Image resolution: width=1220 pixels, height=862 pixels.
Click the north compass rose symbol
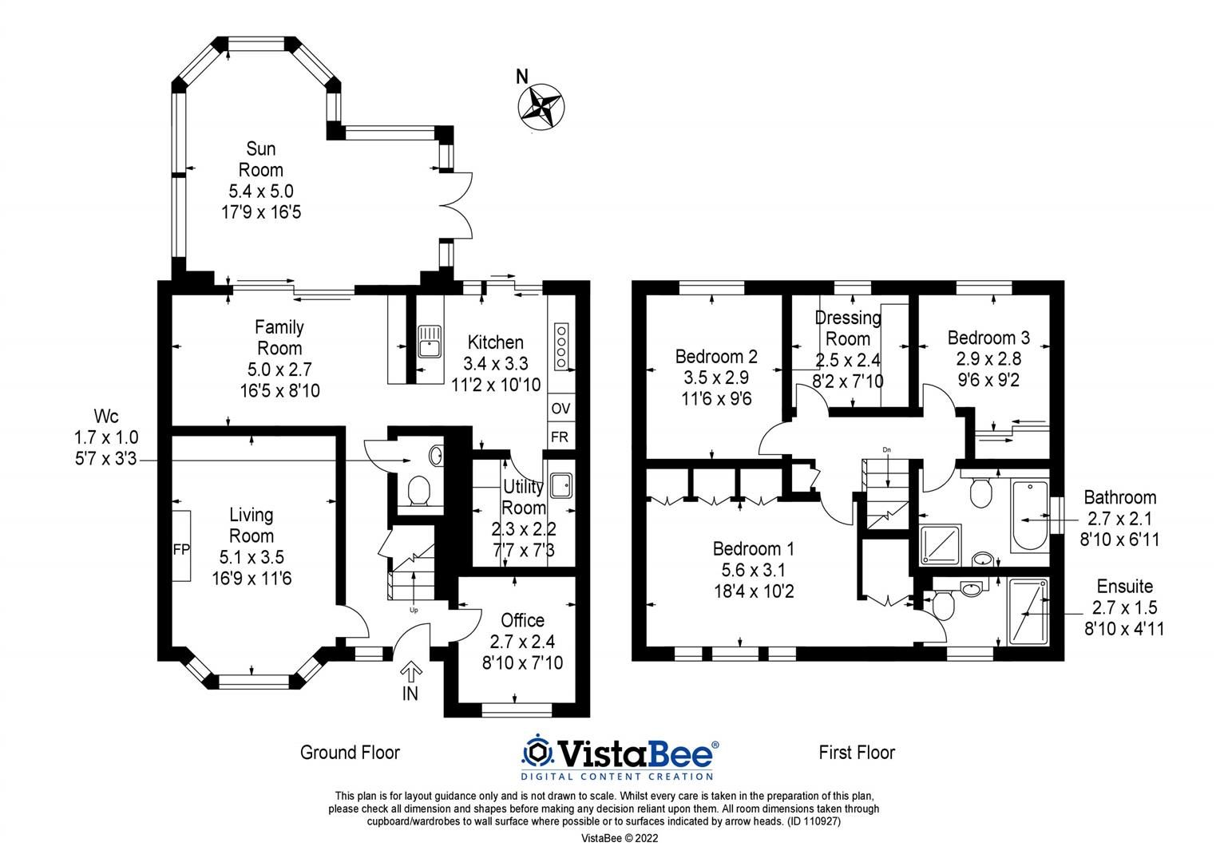pyautogui.click(x=541, y=105)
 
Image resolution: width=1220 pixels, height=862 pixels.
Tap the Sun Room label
pyautogui.click(x=261, y=159)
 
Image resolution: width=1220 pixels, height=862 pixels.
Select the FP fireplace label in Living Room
pyautogui.click(x=181, y=549)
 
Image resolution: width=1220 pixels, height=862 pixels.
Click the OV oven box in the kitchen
pyautogui.click(x=560, y=408)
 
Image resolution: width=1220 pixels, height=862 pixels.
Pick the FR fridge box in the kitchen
pyautogui.click(x=560, y=437)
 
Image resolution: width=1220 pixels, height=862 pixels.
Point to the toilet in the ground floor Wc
pyautogui.click(x=418, y=490)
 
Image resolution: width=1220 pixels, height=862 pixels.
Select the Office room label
pyautogui.click(x=523, y=620)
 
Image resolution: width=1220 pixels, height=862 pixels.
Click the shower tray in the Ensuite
pyautogui.click(x=1028, y=611)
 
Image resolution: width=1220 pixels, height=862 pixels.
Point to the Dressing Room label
pyautogui.click(x=848, y=328)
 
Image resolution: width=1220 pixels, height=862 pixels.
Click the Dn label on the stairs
pyautogui.click(x=886, y=450)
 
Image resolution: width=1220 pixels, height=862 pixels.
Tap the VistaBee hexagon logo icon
pyautogui.click(x=537, y=752)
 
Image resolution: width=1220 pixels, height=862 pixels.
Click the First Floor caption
pyautogui.click(x=857, y=752)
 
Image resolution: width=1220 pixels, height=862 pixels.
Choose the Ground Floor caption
pyautogui.click(x=350, y=752)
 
